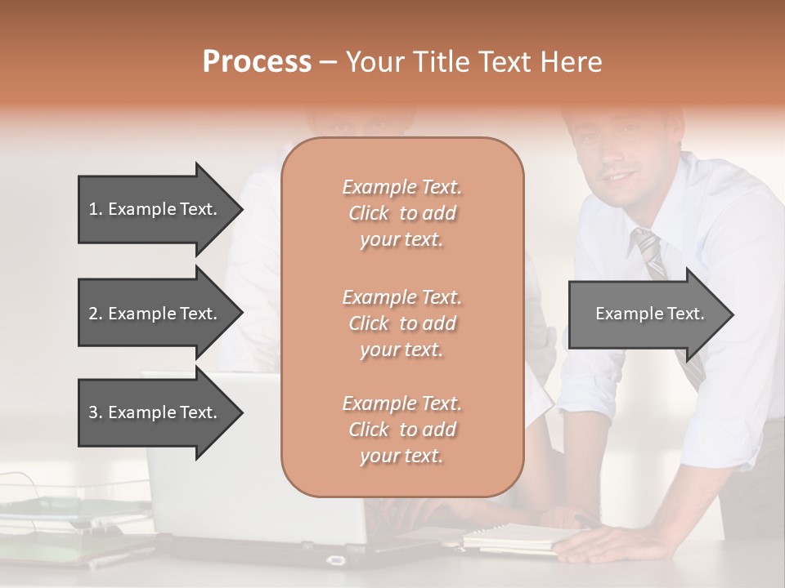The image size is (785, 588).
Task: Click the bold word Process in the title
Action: pos(257,62)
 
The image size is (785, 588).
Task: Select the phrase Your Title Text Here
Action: pos(474,62)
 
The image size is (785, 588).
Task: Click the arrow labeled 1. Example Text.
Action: pos(153,209)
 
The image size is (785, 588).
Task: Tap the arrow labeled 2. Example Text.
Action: pos(153,314)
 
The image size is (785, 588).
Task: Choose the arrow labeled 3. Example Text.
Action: pos(153,412)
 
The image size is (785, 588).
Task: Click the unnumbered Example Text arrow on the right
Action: pos(649,314)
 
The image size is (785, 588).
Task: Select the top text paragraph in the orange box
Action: pos(401,213)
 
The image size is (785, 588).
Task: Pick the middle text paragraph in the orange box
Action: pos(401,323)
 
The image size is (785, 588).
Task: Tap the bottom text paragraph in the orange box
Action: pos(401,430)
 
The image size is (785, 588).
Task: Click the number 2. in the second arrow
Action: pos(96,314)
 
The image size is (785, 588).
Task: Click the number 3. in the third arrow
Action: pos(96,412)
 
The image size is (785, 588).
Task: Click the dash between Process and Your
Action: pos(329,63)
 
